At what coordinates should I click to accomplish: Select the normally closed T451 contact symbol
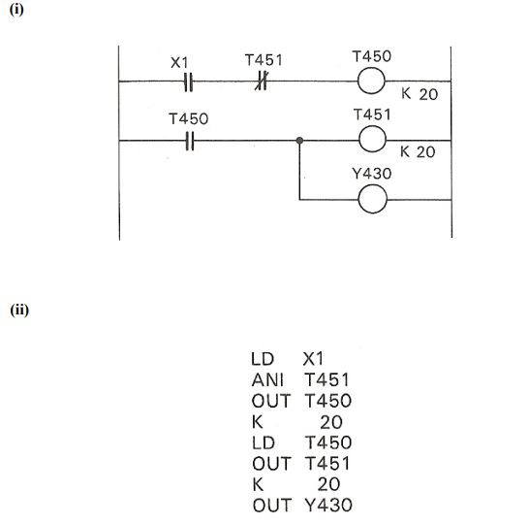(261, 82)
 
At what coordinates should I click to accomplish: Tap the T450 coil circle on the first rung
(372, 82)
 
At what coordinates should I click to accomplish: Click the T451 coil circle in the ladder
(372, 141)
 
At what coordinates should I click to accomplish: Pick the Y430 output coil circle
(372, 199)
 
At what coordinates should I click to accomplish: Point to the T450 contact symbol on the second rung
(190, 141)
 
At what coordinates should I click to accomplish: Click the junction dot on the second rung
(301, 141)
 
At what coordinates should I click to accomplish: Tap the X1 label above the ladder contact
(179, 62)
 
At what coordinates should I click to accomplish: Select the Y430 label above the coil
(373, 177)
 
